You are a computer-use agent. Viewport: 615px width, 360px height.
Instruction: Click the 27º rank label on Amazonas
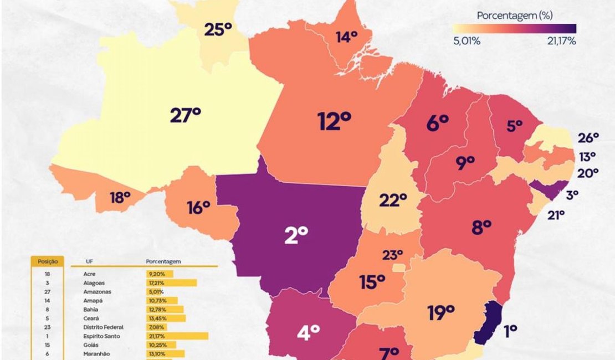pyautogui.click(x=185, y=116)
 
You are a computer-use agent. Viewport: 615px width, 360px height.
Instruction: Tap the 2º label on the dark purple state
pyautogui.click(x=296, y=236)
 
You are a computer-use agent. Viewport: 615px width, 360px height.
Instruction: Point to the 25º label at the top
pyautogui.click(x=218, y=29)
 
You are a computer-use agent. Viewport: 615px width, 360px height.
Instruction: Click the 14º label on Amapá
pyautogui.click(x=346, y=37)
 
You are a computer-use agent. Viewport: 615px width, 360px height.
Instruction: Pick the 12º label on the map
pyautogui.click(x=335, y=121)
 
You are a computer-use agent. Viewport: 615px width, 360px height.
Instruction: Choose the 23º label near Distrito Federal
pyautogui.click(x=392, y=255)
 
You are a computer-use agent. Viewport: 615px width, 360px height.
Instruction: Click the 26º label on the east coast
pyautogui.click(x=588, y=137)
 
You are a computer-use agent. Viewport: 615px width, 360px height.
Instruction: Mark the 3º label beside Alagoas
pyautogui.click(x=572, y=194)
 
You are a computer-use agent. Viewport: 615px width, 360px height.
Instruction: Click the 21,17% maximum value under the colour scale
pyautogui.click(x=561, y=41)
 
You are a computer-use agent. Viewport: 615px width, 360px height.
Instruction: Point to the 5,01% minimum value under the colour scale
pyautogui.click(x=467, y=41)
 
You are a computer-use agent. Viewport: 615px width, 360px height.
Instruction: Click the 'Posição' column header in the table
pyautogui.click(x=48, y=261)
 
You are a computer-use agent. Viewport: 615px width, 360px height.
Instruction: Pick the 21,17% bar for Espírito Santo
pyautogui.click(x=177, y=336)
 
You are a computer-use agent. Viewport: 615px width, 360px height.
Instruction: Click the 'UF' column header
pyautogui.click(x=89, y=261)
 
